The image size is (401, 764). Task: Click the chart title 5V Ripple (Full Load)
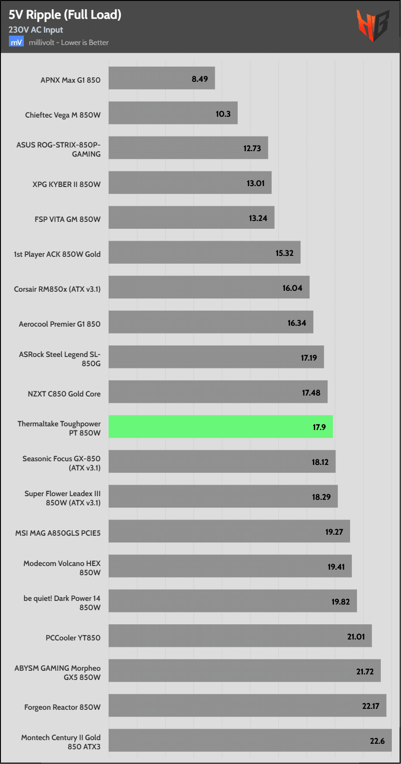(65, 15)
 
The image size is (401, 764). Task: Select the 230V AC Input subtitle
(36, 30)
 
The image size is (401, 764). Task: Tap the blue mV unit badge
(16, 42)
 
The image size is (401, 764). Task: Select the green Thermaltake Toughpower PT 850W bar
(220, 427)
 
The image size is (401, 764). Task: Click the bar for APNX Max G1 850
(162, 79)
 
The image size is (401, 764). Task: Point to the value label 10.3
(223, 114)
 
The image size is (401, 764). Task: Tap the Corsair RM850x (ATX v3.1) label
(57, 289)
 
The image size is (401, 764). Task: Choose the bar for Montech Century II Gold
(250, 741)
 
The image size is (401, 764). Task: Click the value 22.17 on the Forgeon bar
(370, 706)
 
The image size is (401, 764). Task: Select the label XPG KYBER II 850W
(67, 184)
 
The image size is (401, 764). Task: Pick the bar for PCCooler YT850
(240, 636)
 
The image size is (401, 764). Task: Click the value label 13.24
(258, 218)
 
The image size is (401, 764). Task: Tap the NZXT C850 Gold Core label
(64, 394)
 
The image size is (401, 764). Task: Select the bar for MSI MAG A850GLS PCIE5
(229, 532)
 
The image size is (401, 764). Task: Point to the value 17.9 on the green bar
(319, 427)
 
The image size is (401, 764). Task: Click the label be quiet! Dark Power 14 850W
(62, 603)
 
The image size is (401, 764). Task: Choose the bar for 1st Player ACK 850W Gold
(204, 253)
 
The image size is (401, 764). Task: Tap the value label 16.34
(296, 323)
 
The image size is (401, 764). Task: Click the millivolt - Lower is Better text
(69, 43)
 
